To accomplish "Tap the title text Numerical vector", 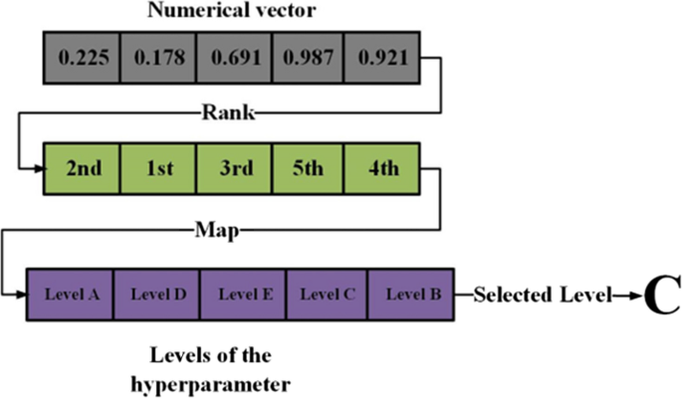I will [231, 14].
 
